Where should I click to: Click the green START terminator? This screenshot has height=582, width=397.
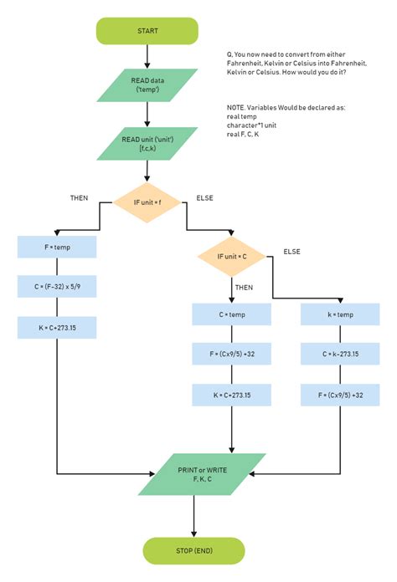pos(147,31)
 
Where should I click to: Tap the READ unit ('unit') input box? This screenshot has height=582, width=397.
pos(147,143)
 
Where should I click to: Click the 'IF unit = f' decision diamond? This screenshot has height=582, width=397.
pos(147,202)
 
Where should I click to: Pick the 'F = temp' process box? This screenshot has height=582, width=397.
pos(57,248)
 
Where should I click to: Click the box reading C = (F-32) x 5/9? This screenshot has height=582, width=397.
pos(57,287)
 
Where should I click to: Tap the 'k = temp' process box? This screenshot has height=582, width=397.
pos(340,314)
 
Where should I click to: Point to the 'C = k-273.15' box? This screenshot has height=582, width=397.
pos(340,355)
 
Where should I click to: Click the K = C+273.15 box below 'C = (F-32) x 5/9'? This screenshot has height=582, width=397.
pos(57,327)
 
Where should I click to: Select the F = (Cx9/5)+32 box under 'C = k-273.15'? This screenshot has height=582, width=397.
pos(340,395)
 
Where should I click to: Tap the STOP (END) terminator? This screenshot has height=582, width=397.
pos(193,551)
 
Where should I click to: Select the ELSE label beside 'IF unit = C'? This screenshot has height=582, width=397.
pos(292,251)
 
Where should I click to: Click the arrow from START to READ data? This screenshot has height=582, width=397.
pos(147,57)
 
